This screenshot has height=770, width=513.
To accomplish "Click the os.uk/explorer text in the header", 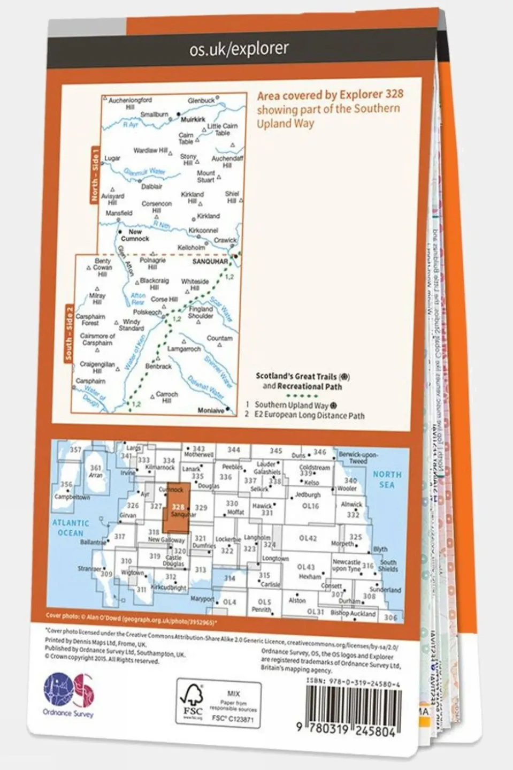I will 239,49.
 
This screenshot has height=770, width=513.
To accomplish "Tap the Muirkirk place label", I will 193,120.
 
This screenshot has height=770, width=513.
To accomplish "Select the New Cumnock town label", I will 135,235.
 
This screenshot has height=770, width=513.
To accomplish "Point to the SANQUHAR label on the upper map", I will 210,262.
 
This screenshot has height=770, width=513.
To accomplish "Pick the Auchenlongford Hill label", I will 130,103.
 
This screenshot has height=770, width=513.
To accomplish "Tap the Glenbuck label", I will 201,101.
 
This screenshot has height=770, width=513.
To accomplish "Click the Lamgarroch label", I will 184,349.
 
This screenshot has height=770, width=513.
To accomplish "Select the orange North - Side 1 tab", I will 95,175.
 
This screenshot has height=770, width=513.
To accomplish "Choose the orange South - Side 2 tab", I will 68,333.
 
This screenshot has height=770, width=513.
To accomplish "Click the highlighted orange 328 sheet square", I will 176,508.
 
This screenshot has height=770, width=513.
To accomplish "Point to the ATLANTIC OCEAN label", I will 71,528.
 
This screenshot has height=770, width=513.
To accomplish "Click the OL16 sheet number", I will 310,506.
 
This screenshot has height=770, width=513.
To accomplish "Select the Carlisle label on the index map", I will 270,584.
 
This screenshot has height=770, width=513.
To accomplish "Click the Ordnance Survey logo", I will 68,695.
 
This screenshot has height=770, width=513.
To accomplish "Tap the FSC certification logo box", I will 219,705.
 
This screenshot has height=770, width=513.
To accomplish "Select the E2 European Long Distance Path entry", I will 309,415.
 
